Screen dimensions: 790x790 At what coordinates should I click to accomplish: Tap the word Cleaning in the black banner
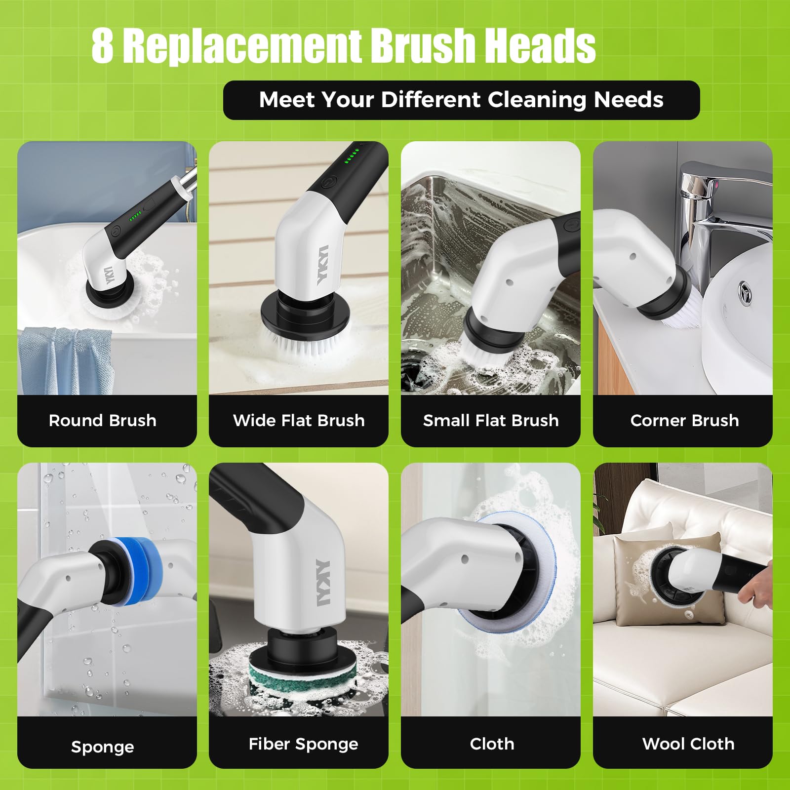pos(538,100)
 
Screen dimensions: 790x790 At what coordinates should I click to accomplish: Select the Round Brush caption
pos(103,421)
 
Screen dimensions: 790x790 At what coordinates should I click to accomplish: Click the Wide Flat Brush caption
pos(299,421)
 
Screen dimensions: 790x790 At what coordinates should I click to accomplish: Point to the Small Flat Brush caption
pos(491,421)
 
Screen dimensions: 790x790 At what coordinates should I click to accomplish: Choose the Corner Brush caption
pos(684,421)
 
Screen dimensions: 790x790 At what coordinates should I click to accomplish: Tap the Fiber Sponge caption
pos(303,744)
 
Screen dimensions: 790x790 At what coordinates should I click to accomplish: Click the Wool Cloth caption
pos(688,744)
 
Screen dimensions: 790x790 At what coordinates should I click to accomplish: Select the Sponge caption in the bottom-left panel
pos(103,747)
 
